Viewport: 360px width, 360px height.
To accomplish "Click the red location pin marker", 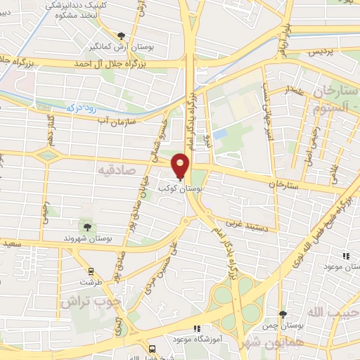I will [x=180, y=166].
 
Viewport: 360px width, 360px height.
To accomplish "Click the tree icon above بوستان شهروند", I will [x=87, y=226].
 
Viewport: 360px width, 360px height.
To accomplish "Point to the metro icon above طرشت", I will [x=90, y=271].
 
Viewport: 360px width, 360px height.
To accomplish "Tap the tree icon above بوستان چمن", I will [x=283, y=314].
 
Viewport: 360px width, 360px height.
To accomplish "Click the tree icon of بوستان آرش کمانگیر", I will [x=122, y=35].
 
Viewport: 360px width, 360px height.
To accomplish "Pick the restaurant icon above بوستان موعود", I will [x=345, y=257].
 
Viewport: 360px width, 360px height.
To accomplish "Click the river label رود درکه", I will [x=70, y=109].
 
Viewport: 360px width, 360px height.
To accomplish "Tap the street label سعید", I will [x=13, y=243].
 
